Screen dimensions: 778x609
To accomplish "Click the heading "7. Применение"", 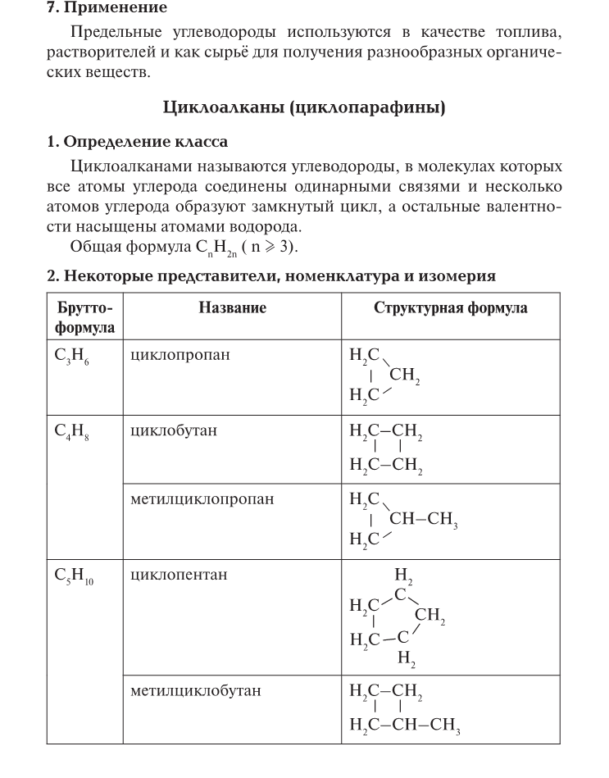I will point(107,8).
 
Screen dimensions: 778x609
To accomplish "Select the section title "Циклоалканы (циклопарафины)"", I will point(304,107).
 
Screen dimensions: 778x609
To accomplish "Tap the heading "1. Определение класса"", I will point(137,142).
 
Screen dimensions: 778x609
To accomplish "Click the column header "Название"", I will point(232,308).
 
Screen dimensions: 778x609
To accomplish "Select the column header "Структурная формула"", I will point(450,308).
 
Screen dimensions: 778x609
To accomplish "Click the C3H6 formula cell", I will point(74,357).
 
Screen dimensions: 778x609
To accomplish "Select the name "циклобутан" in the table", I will point(174,430).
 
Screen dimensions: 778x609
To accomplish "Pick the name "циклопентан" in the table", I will point(179,575).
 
